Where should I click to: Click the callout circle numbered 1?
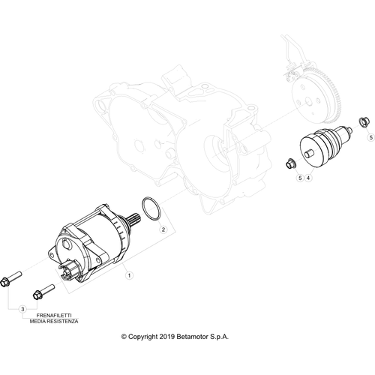pyautogui.click(x=129, y=275)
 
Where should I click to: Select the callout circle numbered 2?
pyautogui.click(x=163, y=229)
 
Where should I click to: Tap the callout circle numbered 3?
pyautogui.click(x=22, y=309)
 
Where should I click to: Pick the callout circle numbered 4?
pyautogui.click(x=308, y=178)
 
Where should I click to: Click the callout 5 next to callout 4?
pyautogui.click(x=300, y=178)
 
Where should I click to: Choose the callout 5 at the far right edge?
pyautogui.click(x=371, y=137)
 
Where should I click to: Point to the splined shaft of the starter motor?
pyautogui.click(x=134, y=218)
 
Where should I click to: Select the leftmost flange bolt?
pyautogui.click(x=11, y=280)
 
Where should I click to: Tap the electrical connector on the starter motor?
pyautogui.click(x=69, y=270)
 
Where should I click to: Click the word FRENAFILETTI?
pyautogui.click(x=54, y=316)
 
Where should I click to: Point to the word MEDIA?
pyautogui.click(x=37, y=321)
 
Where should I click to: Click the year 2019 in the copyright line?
pyautogui.click(x=167, y=337)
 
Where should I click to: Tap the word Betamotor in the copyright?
pyautogui.click(x=193, y=337)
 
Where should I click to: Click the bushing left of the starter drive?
pyautogui.click(x=291, y=163)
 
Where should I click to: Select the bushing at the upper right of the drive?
pyautogui.click(x=363, y=121)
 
